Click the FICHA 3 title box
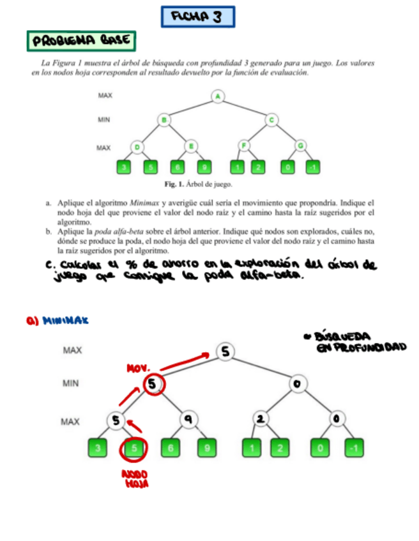[197, 17]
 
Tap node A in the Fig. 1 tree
[218, 96]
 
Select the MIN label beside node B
[104, 119]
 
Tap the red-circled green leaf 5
[134, 448]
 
